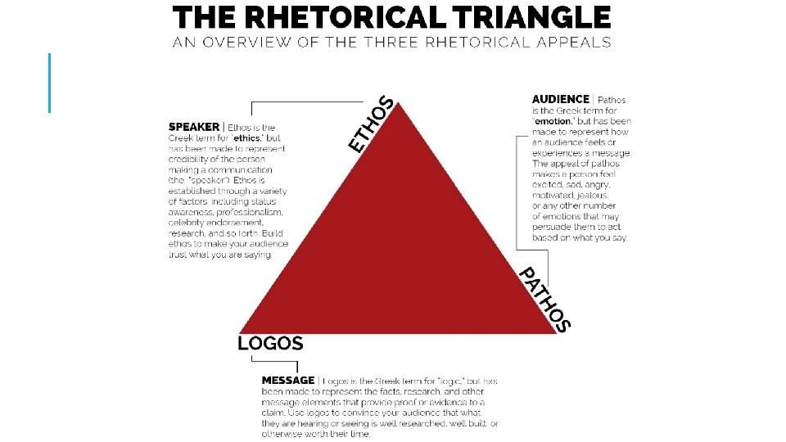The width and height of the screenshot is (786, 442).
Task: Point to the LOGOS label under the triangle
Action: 270,344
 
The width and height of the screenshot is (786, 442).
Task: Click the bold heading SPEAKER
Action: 193,127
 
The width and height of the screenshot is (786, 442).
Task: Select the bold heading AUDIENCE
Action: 560,100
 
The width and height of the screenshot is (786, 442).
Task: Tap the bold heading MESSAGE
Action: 287,381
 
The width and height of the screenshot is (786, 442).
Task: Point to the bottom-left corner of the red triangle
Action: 239,332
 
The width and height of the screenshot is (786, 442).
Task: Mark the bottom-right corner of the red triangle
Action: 557,332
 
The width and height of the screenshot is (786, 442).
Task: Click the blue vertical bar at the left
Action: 50,82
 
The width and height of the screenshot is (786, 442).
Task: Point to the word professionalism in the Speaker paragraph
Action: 245,211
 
